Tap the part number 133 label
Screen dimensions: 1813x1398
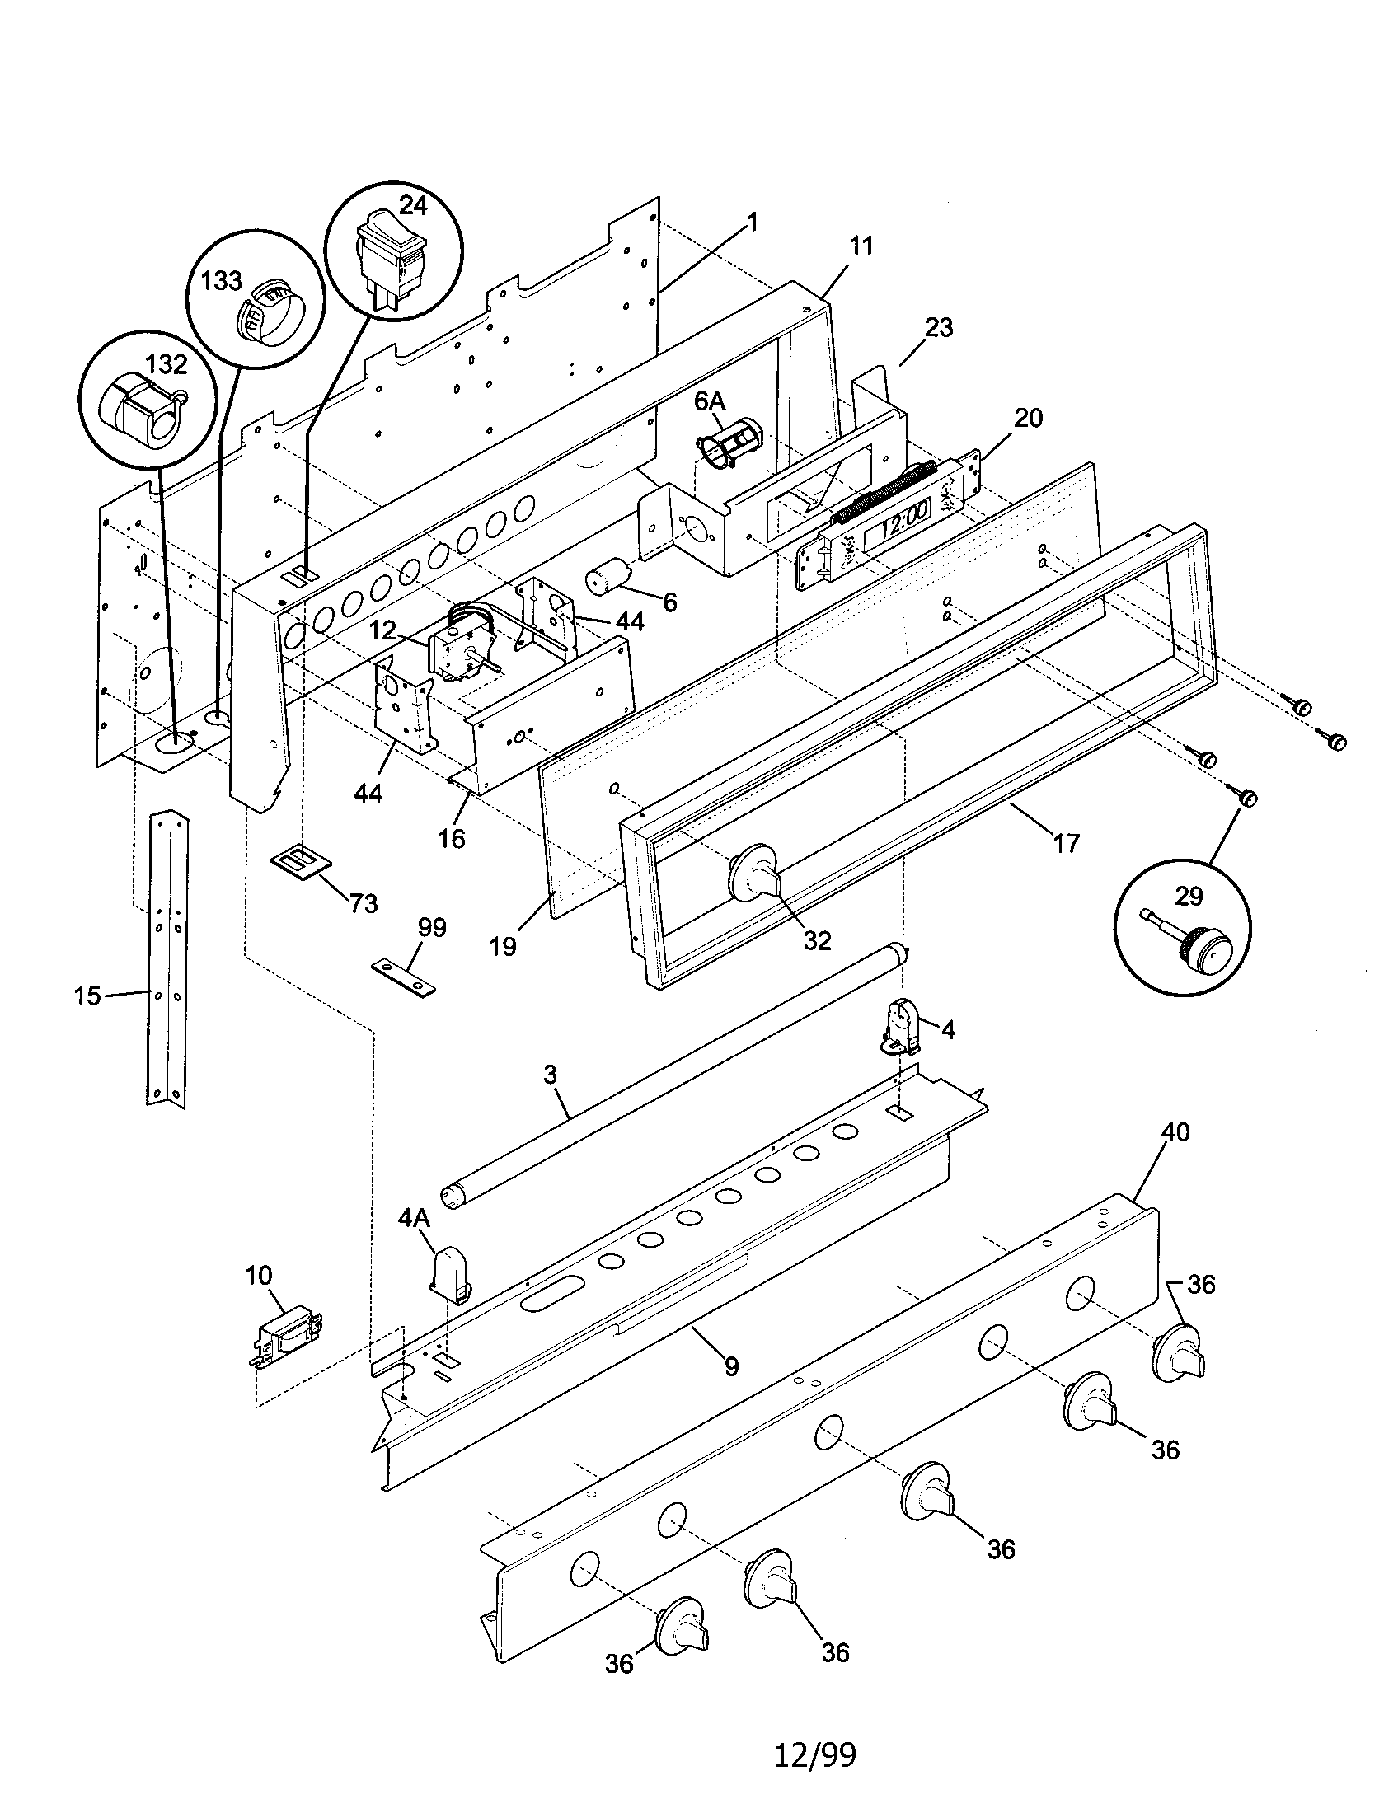pos(221,281)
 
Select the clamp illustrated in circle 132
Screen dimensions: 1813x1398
pos(142,413)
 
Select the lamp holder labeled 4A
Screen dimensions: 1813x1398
pos(449,1270)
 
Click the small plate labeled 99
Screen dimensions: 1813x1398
pos(403,977)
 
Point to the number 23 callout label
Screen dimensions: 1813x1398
pos(938,327)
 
